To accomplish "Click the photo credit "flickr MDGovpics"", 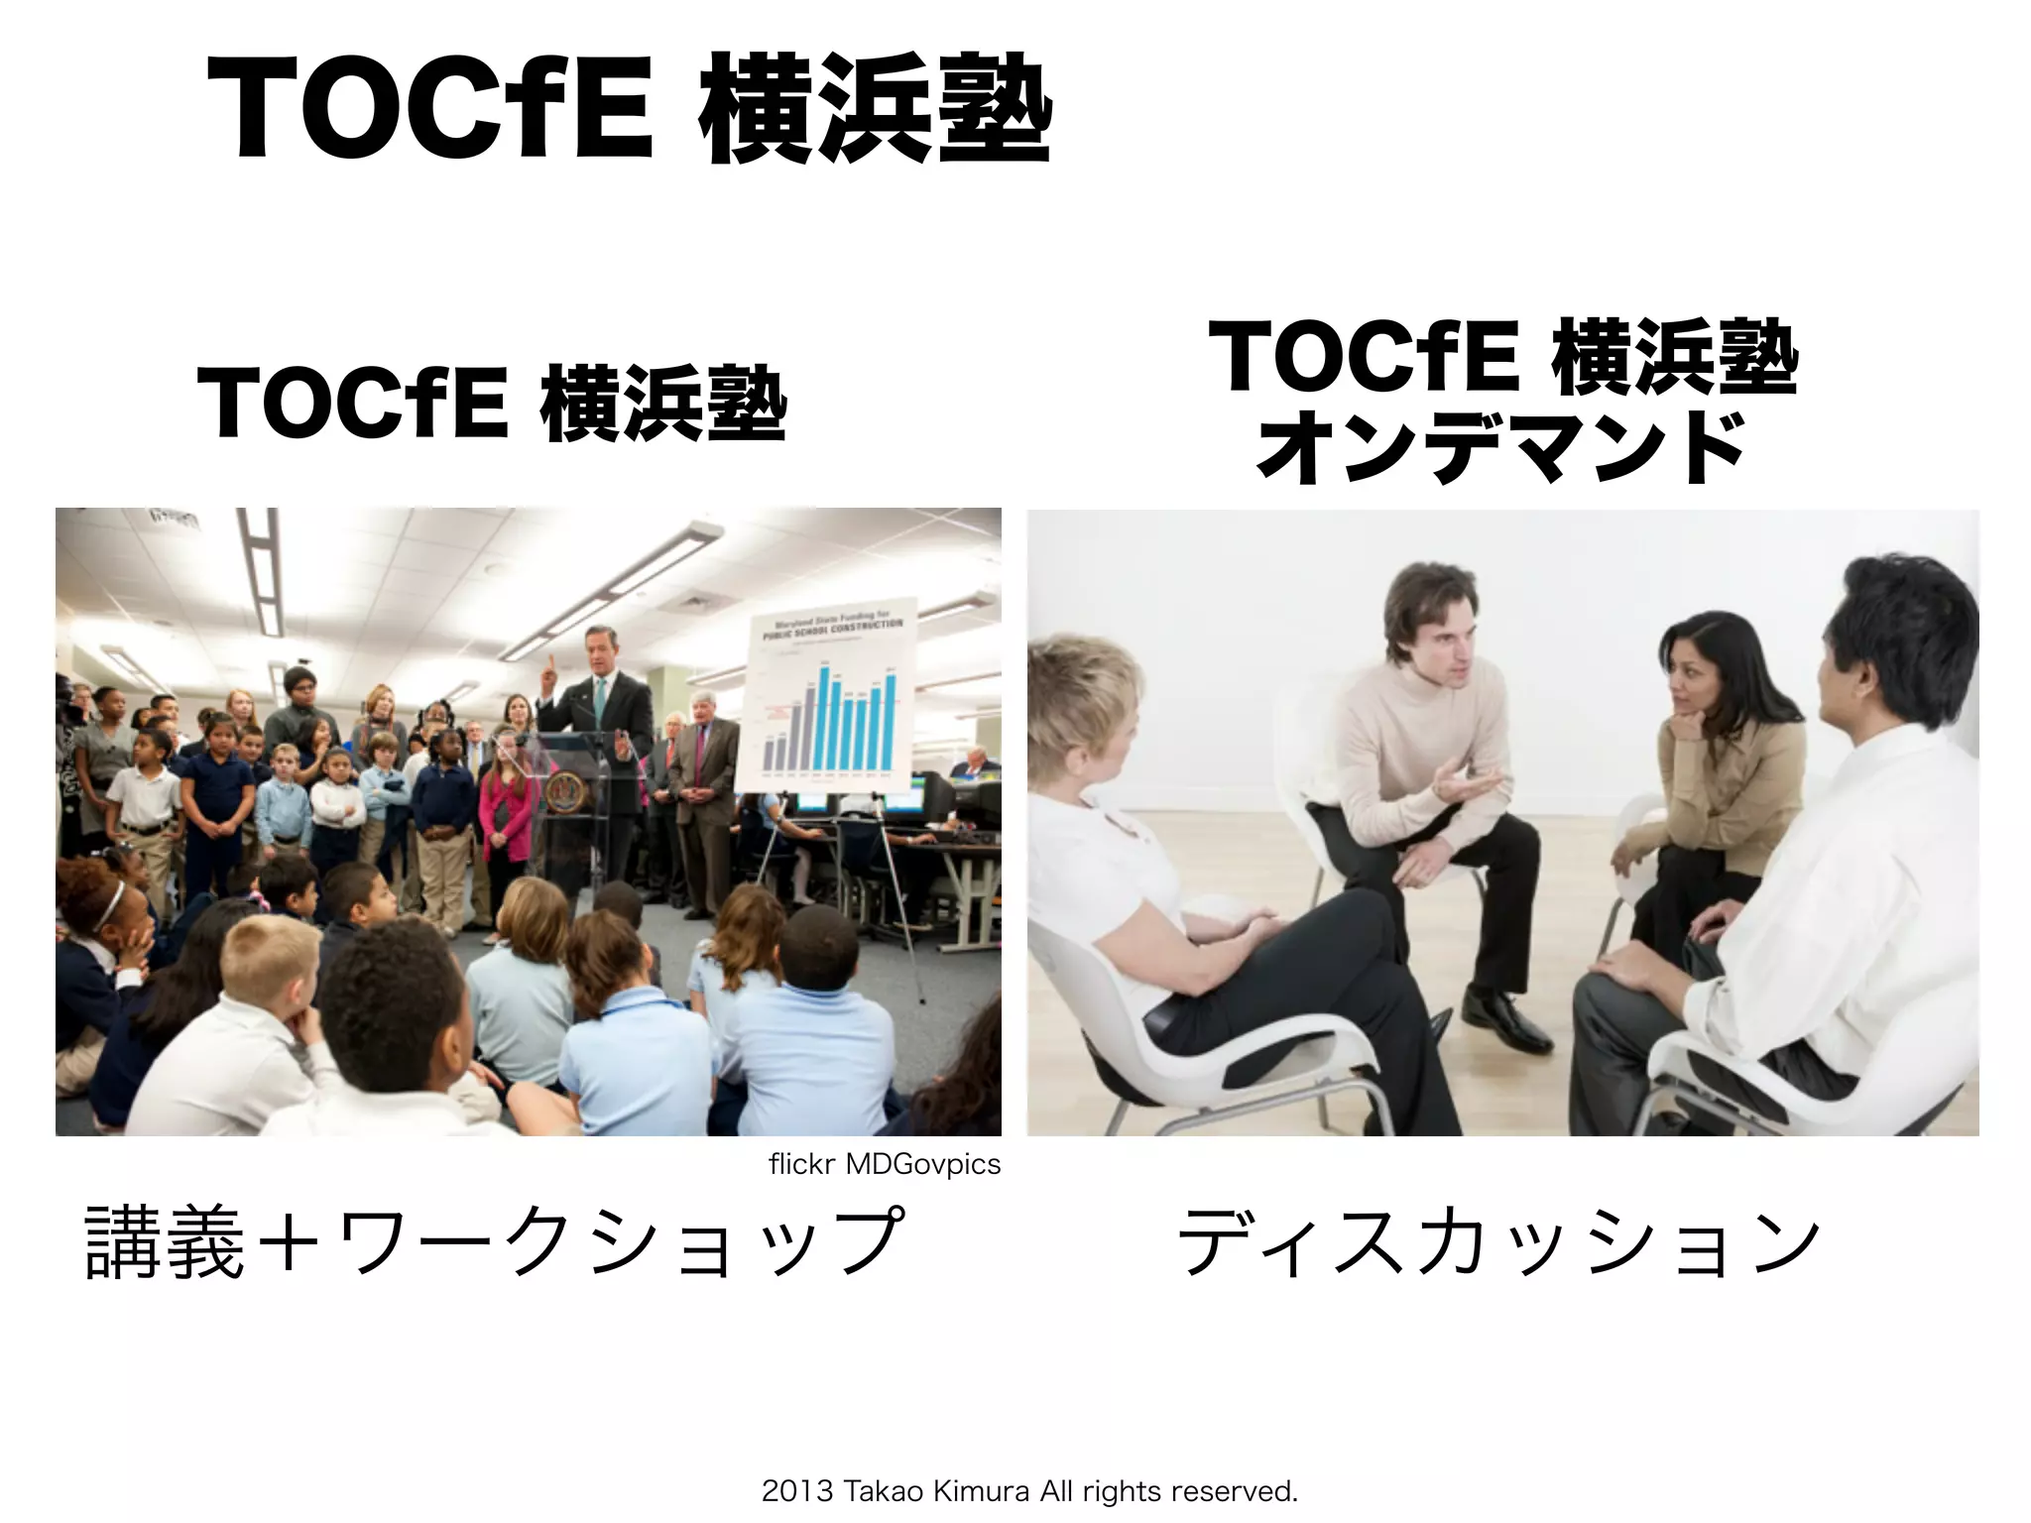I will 884,1164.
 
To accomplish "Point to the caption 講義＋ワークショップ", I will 494,1241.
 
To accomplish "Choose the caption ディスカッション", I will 1497,1241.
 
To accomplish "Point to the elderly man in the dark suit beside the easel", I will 706,763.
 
